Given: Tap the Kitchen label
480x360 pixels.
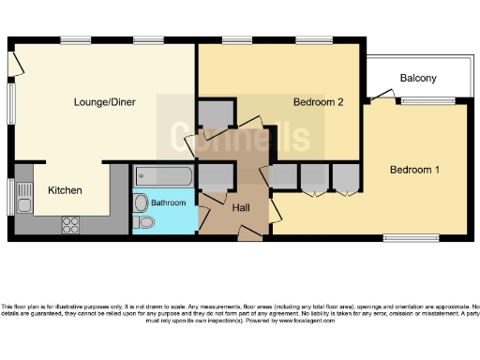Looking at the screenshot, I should pos(65,190).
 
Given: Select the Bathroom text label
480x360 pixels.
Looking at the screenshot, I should pos(170,202).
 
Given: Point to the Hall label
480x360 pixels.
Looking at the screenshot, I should pos(241,207).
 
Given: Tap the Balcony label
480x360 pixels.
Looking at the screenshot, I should pos(417,78).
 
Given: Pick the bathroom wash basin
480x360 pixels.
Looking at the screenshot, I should pos(142,202).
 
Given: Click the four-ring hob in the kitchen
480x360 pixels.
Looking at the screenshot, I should pos(71,223).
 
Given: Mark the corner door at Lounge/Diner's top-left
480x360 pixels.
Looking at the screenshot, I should pos(15,61).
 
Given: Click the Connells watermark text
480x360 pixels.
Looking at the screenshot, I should pos(240,138).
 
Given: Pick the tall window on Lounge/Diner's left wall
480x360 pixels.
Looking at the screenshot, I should pos(11,105).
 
